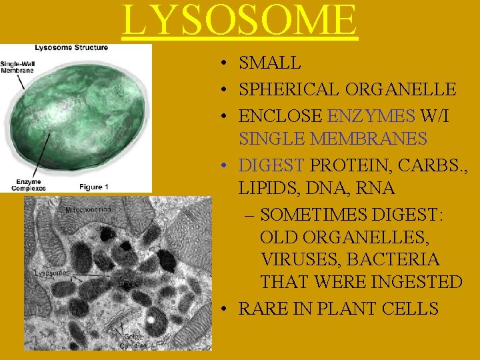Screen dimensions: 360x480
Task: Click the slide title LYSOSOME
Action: point(240,20)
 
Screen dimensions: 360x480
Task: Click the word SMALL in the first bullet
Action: point(270,63)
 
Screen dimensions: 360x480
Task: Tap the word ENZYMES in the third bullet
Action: point(371,116)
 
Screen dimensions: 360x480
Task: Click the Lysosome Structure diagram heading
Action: point(71,47)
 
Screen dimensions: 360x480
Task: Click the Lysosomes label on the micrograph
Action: point(51,273)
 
